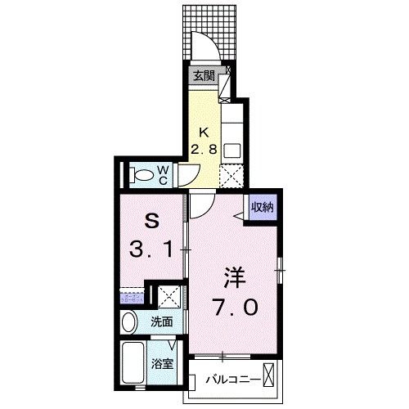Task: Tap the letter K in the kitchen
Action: coord(205,131)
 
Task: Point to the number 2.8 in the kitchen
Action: coord(205,149)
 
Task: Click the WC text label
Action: coord(163,174)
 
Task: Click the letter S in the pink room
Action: coord(151,222)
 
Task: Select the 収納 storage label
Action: coord(262,206)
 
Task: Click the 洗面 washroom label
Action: coord(160,322)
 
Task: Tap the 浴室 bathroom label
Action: coord(161,363)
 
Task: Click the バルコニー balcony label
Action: coord(233,380)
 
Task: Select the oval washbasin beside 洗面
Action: coord(127,323)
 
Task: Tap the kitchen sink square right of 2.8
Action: coord(232,150)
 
